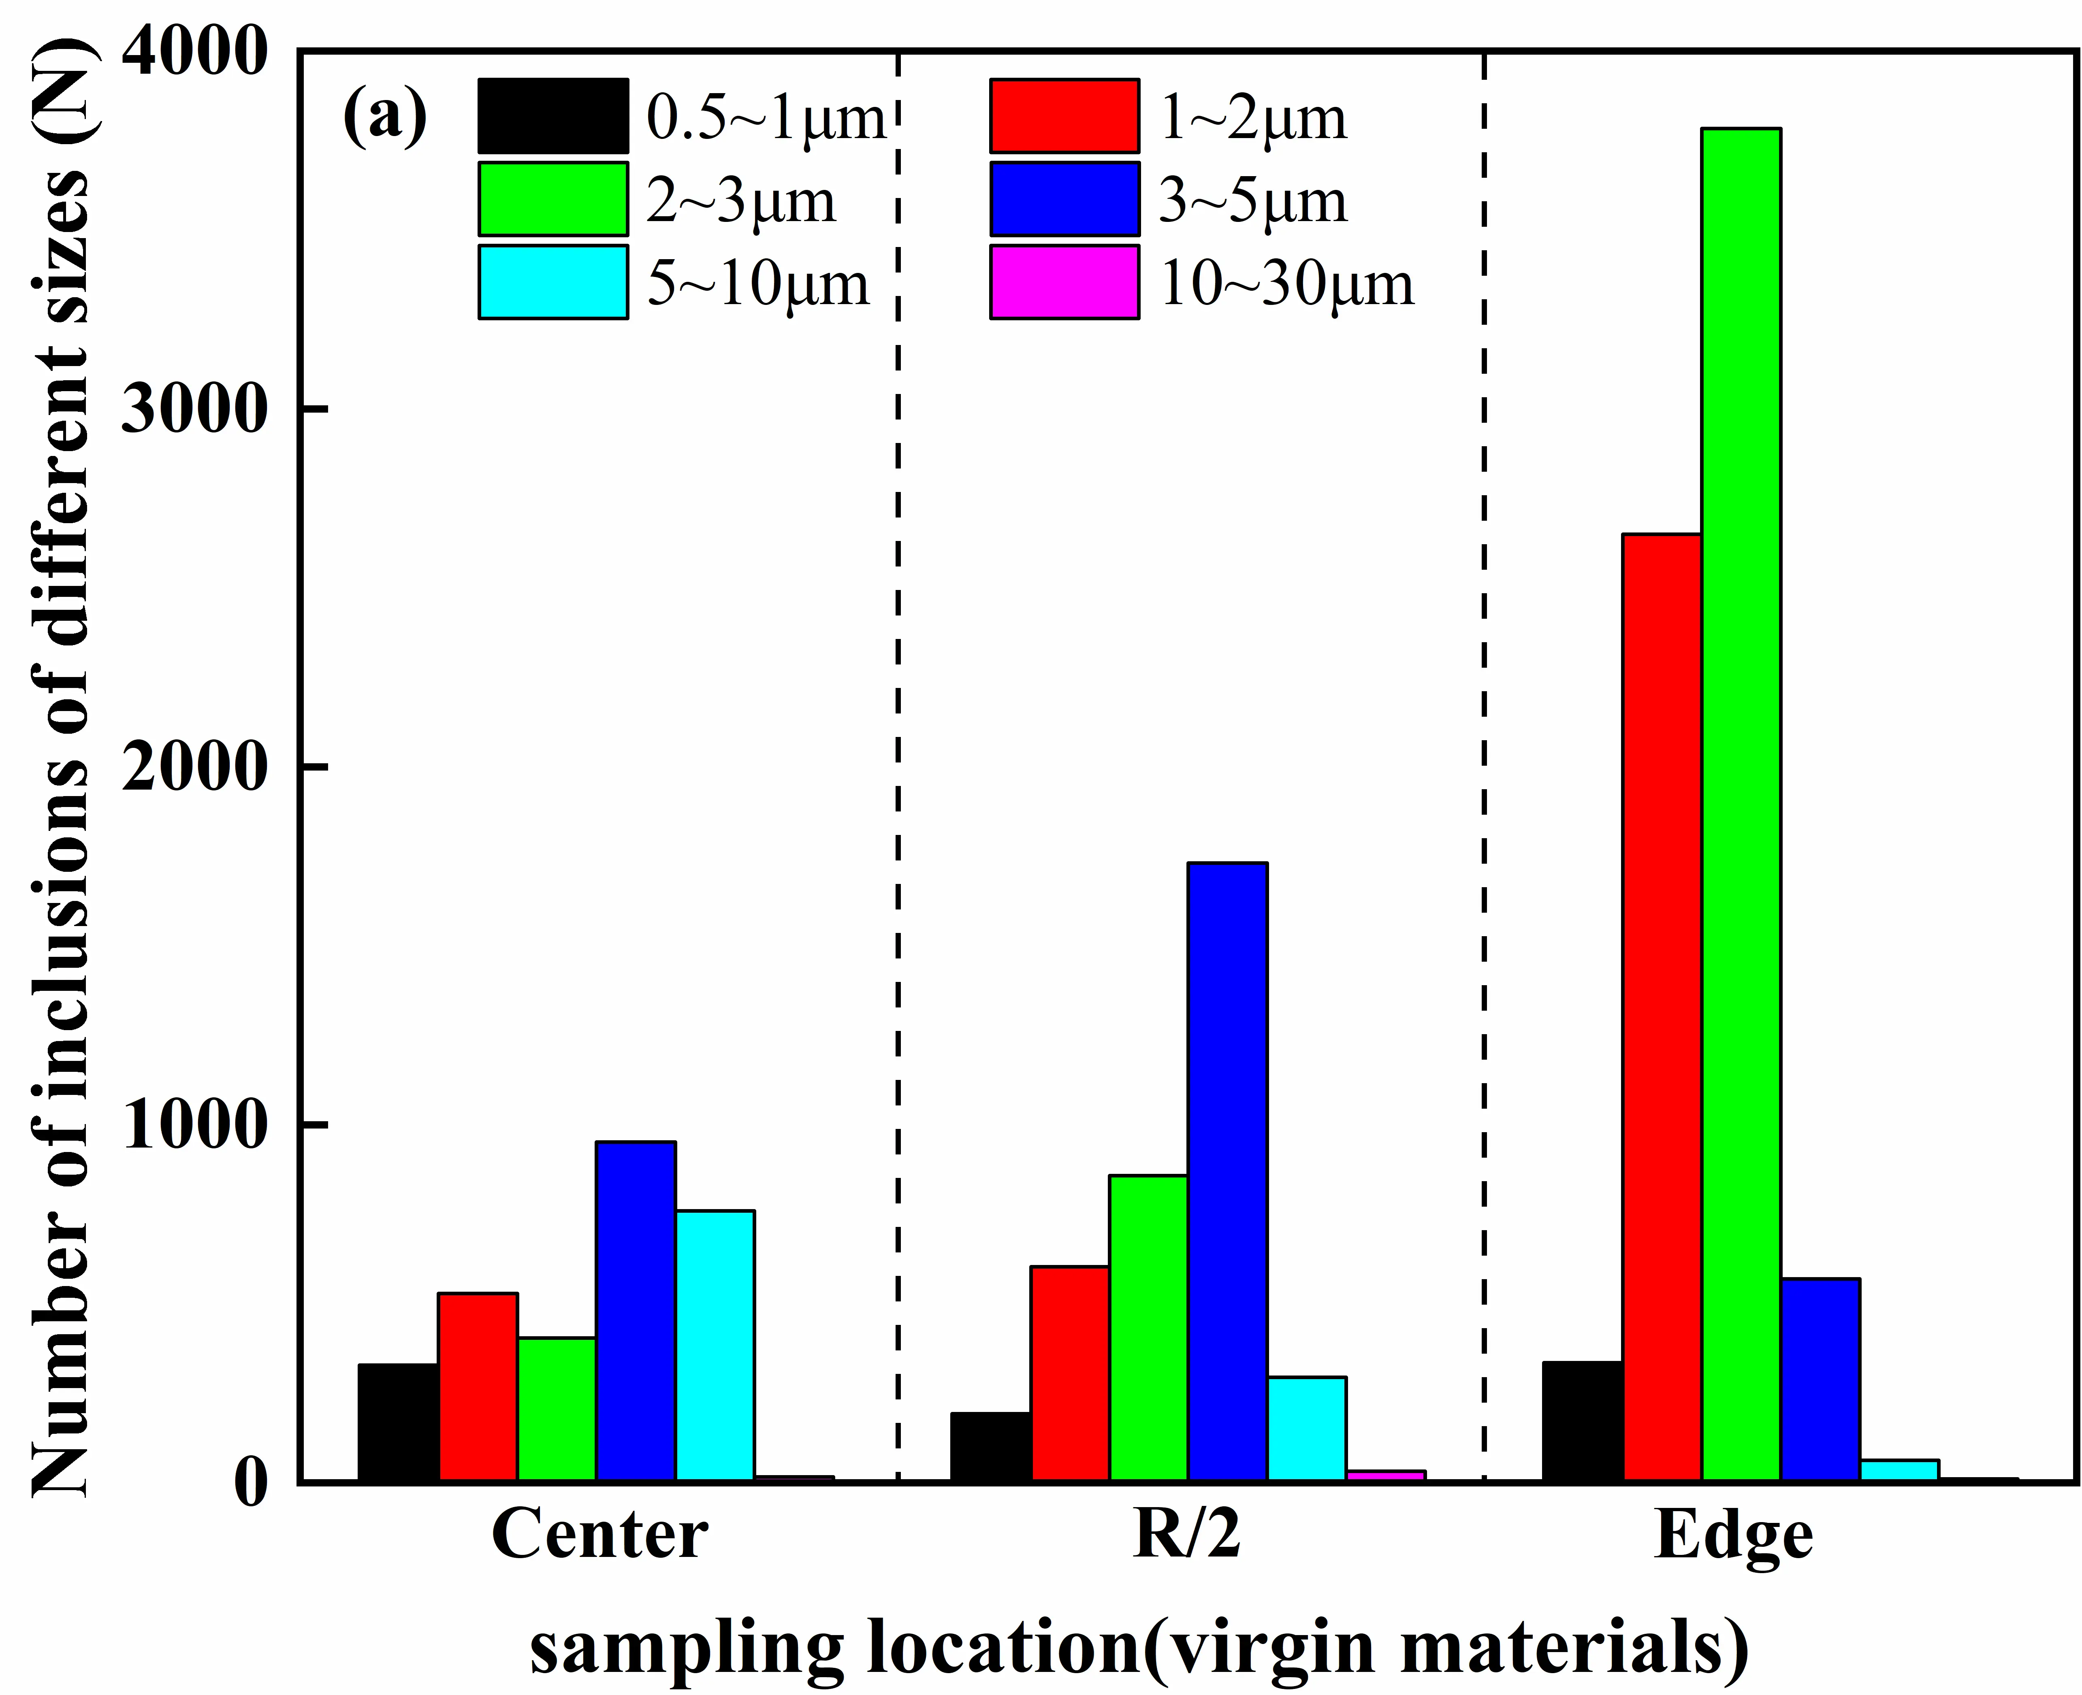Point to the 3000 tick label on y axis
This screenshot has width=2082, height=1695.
pyautogui.click(x=193, y=410)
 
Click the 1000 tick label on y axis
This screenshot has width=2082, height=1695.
pyautogui.click(x=193, y=1126)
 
